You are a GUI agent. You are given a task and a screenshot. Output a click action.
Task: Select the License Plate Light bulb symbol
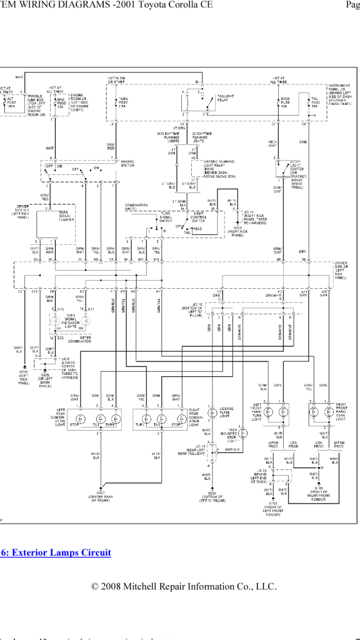(212, 412)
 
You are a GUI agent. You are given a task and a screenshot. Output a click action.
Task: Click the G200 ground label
(23, 377)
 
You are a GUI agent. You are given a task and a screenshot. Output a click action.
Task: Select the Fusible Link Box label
(34, 104)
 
